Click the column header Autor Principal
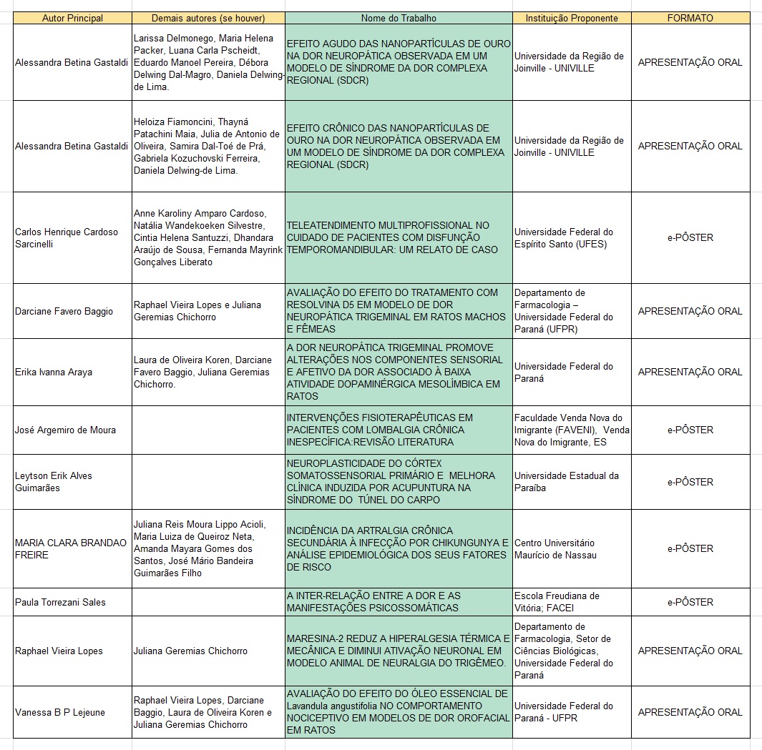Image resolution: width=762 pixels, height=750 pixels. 72,18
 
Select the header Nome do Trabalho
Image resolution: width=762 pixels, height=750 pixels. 399,18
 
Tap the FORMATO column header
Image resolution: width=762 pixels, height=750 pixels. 690,18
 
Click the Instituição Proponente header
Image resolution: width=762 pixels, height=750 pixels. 571,18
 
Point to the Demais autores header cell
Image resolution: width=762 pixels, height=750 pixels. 208,18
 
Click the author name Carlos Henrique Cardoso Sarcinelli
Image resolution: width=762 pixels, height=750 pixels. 67,237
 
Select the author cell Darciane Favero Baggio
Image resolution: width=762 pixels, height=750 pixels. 64,311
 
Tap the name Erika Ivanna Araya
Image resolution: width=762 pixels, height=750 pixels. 54,372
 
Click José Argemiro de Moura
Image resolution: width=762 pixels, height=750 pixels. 65,430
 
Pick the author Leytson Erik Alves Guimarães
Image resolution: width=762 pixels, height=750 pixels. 54,482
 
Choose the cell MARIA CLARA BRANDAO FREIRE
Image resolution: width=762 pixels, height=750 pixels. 71,548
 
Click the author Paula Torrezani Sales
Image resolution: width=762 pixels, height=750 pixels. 60,602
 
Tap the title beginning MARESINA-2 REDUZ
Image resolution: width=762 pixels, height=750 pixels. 399,651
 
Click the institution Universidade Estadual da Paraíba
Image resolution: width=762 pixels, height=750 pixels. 567,482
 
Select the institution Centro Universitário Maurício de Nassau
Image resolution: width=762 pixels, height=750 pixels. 555,548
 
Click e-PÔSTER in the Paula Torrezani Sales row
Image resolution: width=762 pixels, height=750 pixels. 690,602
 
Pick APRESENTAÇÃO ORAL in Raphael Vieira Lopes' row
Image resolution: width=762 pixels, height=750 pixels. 690,651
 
